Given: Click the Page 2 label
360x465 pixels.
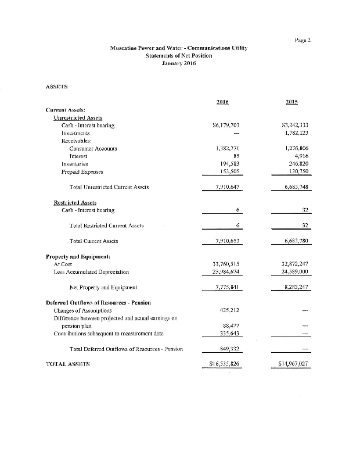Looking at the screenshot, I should [304, 40].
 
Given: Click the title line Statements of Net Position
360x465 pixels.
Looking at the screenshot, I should [179, 56].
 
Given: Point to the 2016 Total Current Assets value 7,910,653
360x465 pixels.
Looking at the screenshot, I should [227, 241].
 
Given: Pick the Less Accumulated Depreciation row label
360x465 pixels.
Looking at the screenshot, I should [90, 271].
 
